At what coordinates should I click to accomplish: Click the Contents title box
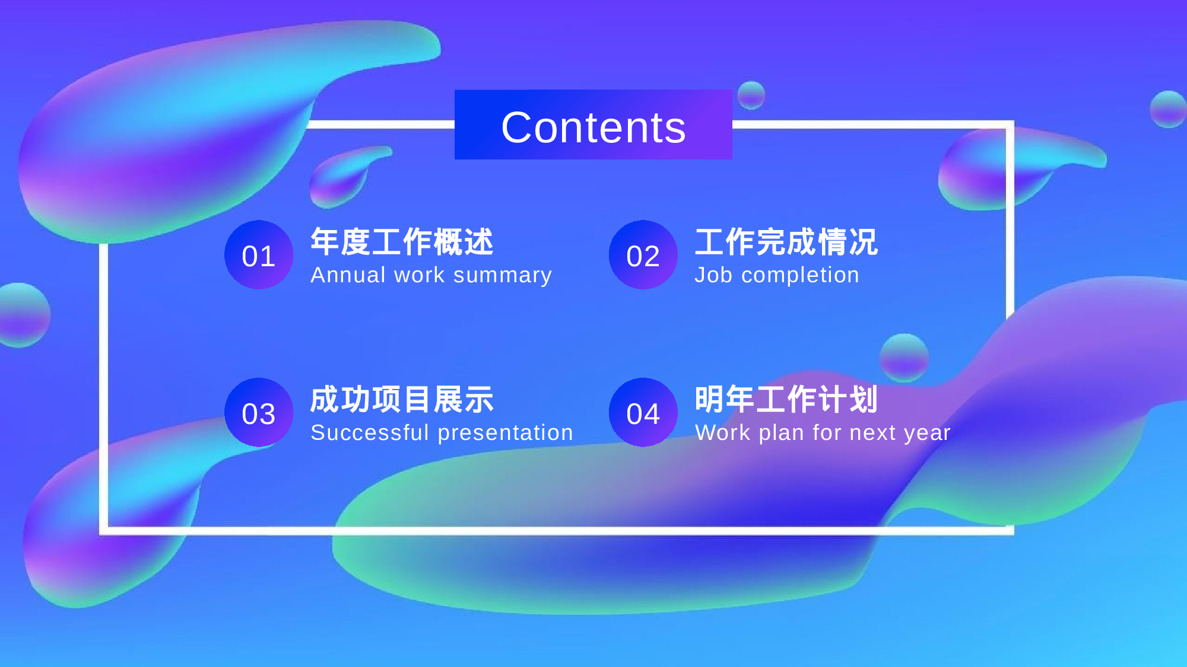pos(593,125)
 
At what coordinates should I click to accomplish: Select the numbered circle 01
pos(259,255)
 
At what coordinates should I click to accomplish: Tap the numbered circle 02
pos(643,255)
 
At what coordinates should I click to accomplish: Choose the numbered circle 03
pos(259,413)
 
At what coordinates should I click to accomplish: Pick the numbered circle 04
pos(643,413)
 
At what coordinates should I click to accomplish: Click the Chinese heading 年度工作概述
pos(402,242)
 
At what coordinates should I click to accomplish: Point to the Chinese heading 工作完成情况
pos(786,242)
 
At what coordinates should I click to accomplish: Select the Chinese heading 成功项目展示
pos(402,400)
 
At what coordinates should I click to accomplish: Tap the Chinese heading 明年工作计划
pos(786,400)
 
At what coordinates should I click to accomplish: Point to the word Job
pos(713,275)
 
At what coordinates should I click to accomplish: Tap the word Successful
pos(369,433)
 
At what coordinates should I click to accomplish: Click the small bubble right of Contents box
pos(751,95)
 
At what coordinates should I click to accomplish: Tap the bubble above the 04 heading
pos(904,358)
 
